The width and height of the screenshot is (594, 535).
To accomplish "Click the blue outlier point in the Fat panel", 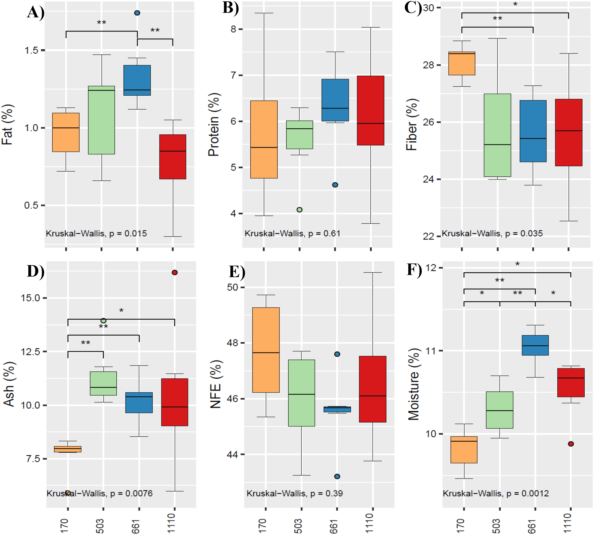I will [x=137, y=13].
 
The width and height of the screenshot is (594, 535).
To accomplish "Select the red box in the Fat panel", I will [x=173, y=157].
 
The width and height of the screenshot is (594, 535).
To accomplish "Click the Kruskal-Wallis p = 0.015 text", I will [x=96, y=233].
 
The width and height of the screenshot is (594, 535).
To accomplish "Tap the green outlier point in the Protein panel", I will [x=300, y=210].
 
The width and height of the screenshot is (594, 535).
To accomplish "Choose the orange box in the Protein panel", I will [x=264, y=139].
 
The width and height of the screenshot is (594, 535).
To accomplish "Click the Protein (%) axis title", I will [x=214, y=124].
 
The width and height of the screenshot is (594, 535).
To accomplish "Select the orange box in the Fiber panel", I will [x=462, y=64].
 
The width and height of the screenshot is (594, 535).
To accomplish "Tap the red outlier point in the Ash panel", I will [x=175, y=273].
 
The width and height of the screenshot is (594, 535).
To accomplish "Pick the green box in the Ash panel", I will [x=103, y=383].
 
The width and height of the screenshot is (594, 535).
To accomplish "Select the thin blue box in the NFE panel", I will [x=337, y=409].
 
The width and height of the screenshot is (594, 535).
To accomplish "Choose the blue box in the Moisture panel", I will [x=535, y=345].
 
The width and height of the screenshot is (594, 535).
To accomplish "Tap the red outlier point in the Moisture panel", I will [x=571, y=444].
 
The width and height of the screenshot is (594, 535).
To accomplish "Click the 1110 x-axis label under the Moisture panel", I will [x=567, y=523].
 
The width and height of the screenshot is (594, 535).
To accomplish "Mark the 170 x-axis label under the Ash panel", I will [x=64, y=526].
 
